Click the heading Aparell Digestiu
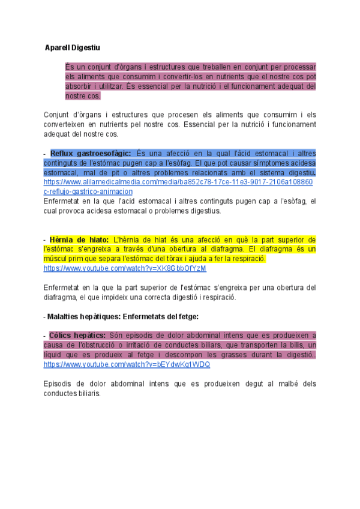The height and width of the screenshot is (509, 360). (x=73, y=47)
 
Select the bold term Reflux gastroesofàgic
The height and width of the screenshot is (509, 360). (x=90, y=153)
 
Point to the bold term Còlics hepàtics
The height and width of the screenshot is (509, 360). (x=78, y=335)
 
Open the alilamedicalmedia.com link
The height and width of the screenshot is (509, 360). (x=178, y=182)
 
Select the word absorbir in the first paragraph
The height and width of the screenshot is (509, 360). (x=80, y=86)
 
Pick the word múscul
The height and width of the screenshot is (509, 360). (x=56, y=259)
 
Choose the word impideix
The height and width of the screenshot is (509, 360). (x=154, y=297)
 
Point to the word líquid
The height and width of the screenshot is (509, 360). (x=55, y=355)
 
